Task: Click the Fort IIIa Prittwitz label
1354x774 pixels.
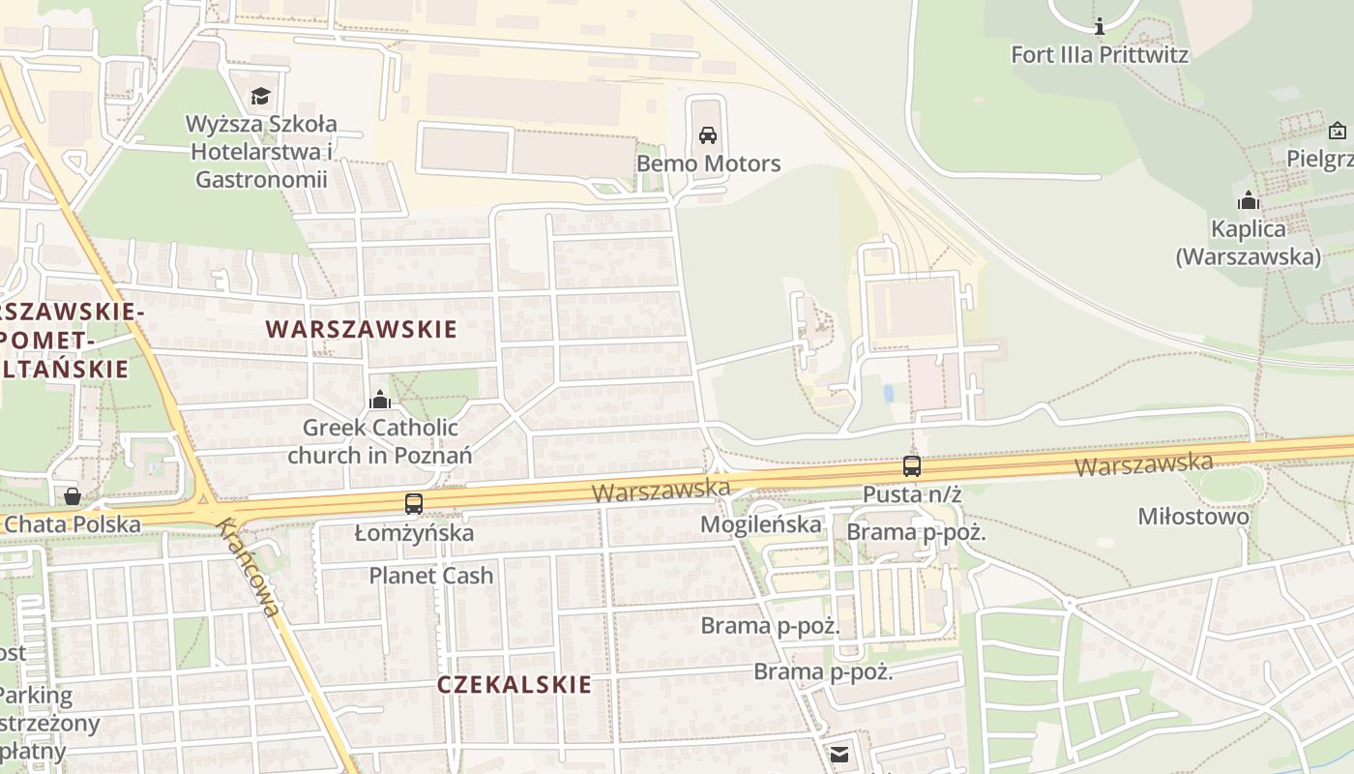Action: (x=1100, y=54)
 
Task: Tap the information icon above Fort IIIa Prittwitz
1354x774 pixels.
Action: (x=1099, y=26)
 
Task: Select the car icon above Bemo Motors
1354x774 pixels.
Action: (x=708, y=135)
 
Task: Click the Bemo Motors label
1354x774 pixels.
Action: (x=708, y=164)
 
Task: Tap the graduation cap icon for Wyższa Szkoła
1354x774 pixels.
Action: (x=260, y=96)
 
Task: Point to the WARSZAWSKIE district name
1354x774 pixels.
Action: (x=362, y=329)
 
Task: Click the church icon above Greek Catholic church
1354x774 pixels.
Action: (x=380, y=400)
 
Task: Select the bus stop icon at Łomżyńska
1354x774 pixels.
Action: (x=414, y=504)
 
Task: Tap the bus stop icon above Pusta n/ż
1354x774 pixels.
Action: (x=911, y=466)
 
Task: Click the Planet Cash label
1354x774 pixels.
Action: (x=431, y=576)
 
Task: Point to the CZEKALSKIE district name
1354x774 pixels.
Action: (x=514, y=685)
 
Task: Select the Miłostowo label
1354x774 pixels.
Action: (x=1192, y=517)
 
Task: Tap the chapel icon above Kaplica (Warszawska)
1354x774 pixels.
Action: (x=1249, y=201)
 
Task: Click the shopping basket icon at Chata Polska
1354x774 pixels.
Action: (x=72, y=496)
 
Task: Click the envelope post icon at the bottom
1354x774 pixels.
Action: (x=839, y=754)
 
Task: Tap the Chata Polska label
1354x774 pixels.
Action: (x=73, y=524)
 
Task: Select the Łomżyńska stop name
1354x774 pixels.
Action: (x=414, y=533)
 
